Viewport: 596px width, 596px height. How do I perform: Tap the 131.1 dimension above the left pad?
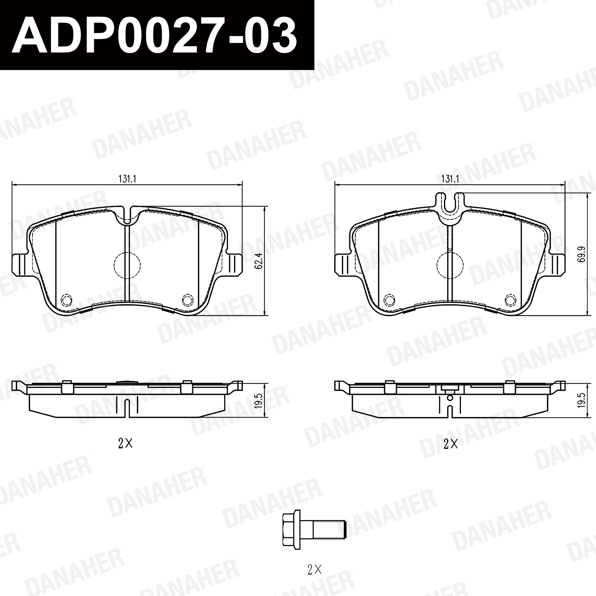(x=127, y=179)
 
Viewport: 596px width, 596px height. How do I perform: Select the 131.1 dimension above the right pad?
(x=450, y=179)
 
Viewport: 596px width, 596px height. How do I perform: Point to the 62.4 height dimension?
(x=259, y=261)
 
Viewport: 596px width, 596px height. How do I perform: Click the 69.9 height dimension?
(x=581, y=254)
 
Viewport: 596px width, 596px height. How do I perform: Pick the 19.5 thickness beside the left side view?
(x=259, y=401)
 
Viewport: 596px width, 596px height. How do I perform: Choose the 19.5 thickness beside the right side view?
(x=581, y=401)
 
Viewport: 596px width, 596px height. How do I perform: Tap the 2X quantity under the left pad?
(x=125, y=444)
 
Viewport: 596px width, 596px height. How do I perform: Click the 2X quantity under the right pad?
(x=450, y=444)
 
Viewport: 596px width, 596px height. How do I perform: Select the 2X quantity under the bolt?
(x=315, y=570)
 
